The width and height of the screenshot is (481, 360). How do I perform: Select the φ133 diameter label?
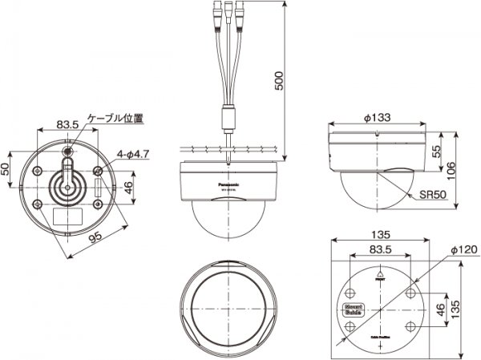(377, 118)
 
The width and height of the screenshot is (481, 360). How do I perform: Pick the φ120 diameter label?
(463, 250)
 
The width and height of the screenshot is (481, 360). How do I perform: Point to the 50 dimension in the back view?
(6, 169)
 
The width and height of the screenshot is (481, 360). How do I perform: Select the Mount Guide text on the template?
(354, 309)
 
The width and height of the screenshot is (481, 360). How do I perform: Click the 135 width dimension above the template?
(380, 235)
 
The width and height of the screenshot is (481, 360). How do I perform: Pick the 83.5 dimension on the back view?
(67, 125)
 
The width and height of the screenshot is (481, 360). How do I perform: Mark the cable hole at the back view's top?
(67, 150)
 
